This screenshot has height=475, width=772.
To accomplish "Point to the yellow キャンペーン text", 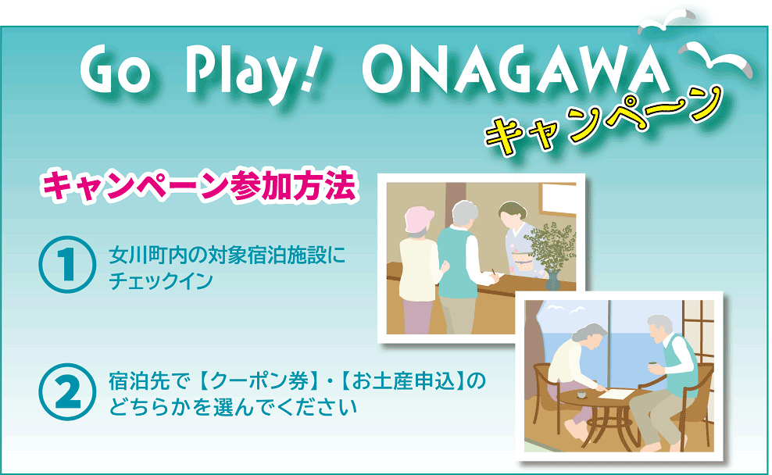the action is point(604,123).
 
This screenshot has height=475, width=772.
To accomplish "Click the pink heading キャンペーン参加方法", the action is point(199,186).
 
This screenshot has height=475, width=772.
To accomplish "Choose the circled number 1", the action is point(67,264).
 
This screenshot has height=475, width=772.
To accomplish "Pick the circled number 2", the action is point(67,392).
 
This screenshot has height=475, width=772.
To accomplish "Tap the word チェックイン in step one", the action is point(160,281).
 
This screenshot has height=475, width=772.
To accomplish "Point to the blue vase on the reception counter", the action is point(552,280).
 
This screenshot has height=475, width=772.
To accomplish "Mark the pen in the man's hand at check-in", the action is point(494,273).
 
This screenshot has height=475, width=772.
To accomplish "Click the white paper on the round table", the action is point(616,393).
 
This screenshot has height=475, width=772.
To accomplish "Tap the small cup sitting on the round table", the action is point(581,395).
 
